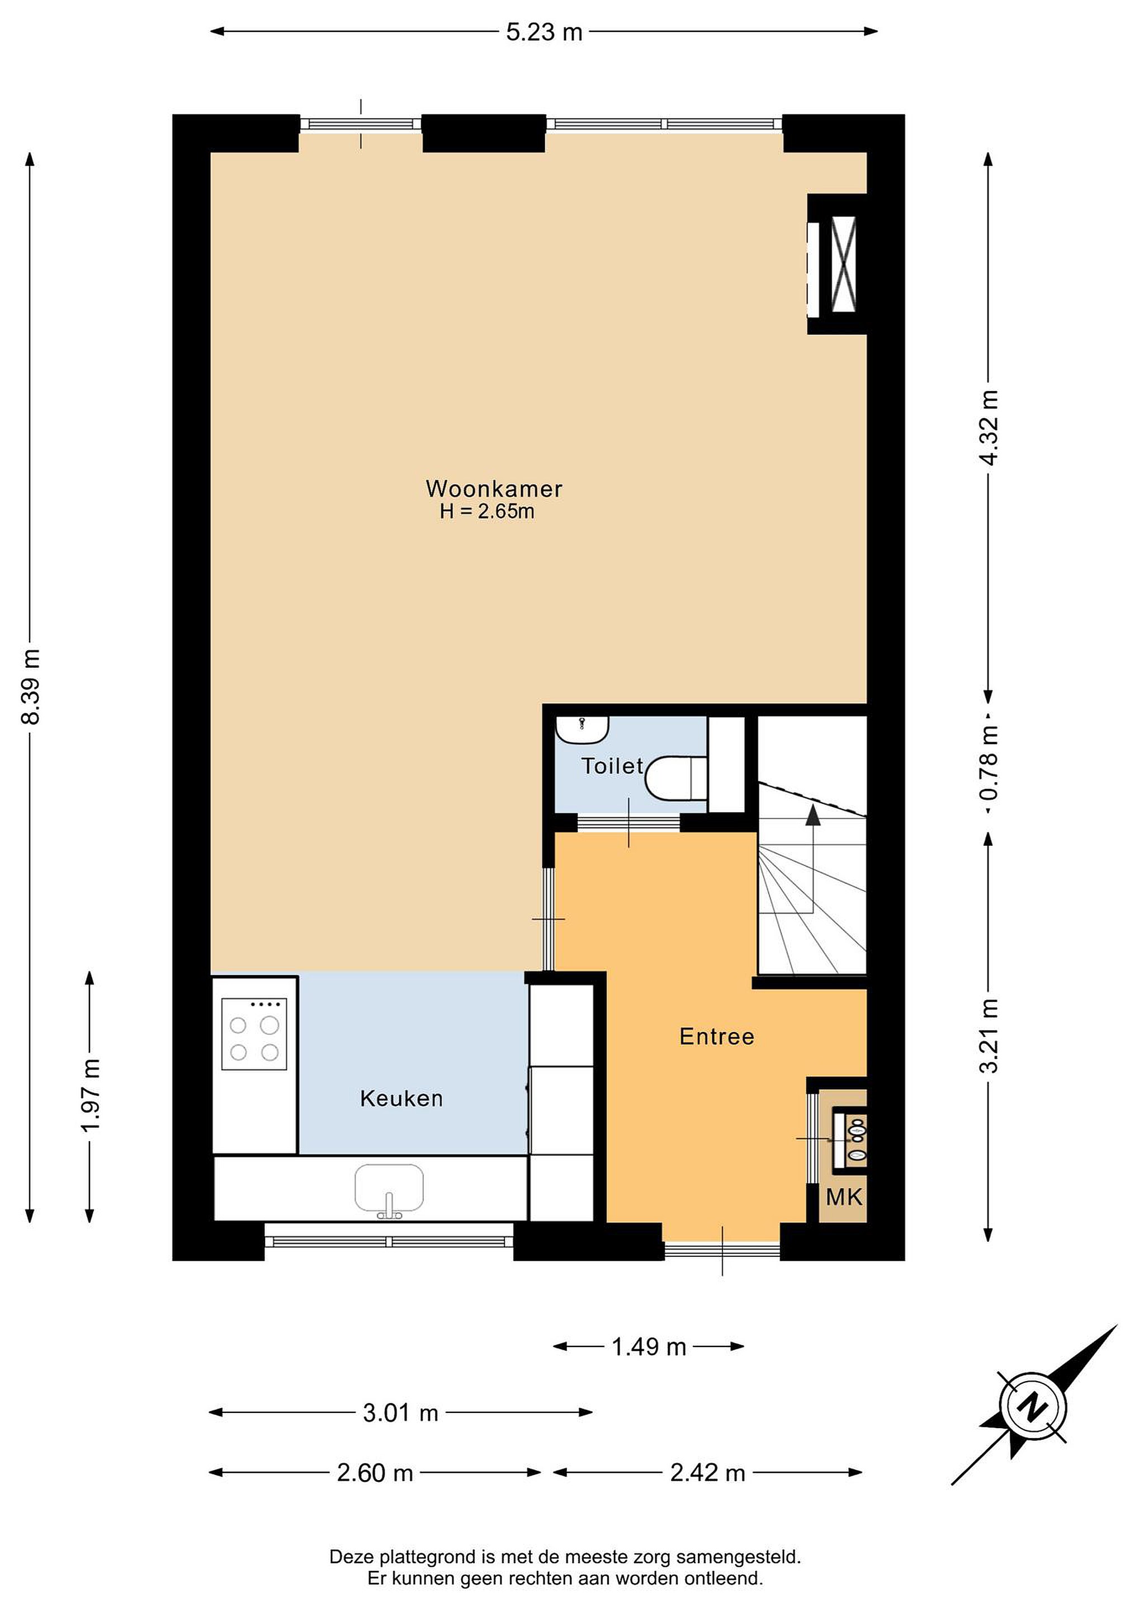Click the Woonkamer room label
pyautogui.click(x=494, y=488)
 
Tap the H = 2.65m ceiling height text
pyautogui.click(x=486, y=511)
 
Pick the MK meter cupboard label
pyautogui.click(x=844, y=1197)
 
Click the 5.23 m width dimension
pyautogui.click(x=544, y=31)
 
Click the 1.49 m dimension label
pyautogui.click(x=649, y=1346)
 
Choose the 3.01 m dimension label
pyautogui.click(x=400, y=1412)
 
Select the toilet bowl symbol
pyautogui.click(x=675, y=778)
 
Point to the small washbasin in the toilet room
pyautogui.click(x=582, y=729)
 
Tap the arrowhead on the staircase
pyautogui.click(x=813, y=814)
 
